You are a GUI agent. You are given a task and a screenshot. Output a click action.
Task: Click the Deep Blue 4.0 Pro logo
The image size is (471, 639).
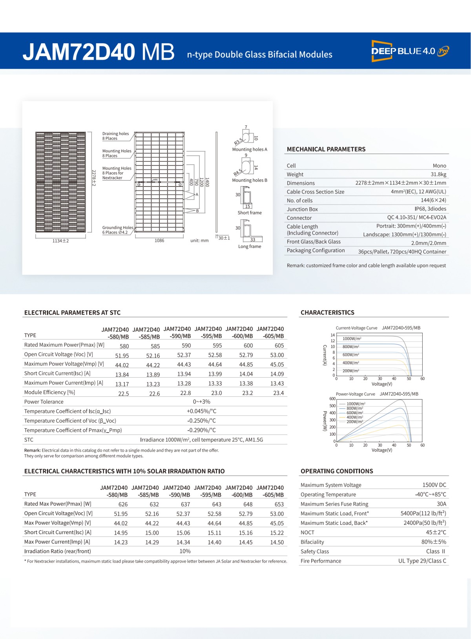(x=410, y=51)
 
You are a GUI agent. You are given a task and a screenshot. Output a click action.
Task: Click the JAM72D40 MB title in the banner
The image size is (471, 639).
(x=99, y=52)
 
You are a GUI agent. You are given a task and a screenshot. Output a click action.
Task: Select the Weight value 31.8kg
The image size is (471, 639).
(x=438, y=174)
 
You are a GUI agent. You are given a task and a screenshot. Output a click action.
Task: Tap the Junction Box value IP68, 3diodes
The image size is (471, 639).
(x=430, y=209)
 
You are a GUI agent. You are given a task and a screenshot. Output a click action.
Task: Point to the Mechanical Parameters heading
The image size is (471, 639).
(x=326, y=149)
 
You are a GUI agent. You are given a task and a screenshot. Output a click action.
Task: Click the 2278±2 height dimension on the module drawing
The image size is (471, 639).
(x=93, y=178)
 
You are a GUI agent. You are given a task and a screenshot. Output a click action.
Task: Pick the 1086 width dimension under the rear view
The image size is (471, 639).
(x=159, y=241)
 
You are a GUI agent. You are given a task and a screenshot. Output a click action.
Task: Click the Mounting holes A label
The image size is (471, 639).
(x=249, y=150)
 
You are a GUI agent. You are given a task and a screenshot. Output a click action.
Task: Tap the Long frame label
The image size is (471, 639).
(x=249, y=246)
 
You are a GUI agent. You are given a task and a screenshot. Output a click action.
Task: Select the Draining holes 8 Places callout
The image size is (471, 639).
(x=115, y=136)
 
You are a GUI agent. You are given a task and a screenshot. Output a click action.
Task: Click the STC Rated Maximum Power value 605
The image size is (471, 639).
(x=279, y=346)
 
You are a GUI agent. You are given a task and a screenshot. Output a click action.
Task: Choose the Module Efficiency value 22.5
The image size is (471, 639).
(x=124, y=394)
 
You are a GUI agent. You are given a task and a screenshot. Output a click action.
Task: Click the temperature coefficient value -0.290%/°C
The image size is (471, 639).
(x=201, y=430)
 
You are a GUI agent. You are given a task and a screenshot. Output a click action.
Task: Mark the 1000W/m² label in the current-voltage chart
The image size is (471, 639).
(x=352, y=339)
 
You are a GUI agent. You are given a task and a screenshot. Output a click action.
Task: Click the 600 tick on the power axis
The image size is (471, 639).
(x=332, y=399)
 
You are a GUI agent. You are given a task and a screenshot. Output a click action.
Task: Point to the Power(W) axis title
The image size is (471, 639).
(x=325, y=421)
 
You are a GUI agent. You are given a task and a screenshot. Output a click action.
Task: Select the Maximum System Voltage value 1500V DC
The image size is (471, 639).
(x=434, y=485)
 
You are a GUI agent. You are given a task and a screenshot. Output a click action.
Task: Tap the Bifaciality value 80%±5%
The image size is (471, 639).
(x=434, y=542)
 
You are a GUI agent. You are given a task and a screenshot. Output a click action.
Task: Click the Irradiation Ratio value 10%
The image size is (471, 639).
(x=185, y=551)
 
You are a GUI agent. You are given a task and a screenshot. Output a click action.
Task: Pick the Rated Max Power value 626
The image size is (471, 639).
(x=123, y=504)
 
